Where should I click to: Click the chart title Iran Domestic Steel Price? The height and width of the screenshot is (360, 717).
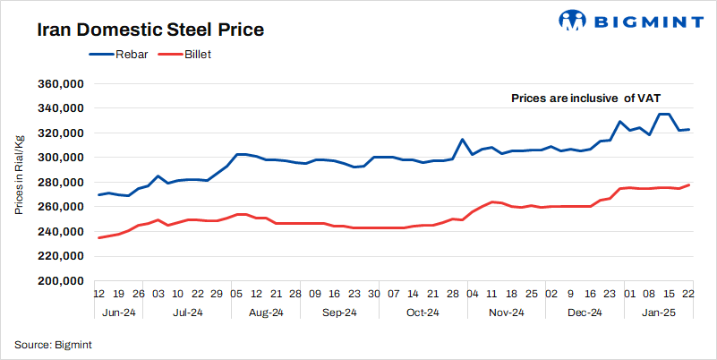(x=150, y=30)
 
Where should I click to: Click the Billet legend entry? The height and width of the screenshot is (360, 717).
(x=186, y=55)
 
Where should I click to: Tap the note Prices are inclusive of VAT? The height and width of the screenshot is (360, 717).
(x=585, y=98)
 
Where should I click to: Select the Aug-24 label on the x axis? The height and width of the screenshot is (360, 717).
(x=265, y=313)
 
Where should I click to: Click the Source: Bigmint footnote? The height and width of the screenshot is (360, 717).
(x=53, y=344)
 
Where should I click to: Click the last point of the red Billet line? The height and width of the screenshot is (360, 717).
(x=687, y=185)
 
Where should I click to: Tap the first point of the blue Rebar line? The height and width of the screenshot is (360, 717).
(x=98, y=194)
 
